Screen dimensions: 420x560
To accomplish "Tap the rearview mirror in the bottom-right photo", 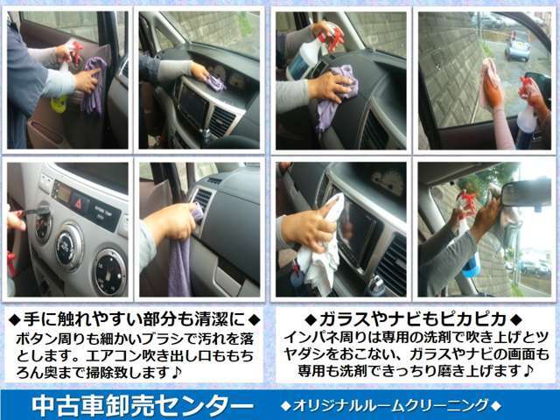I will point(526,192).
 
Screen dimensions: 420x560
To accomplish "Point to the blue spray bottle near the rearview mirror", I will point(469,254).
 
